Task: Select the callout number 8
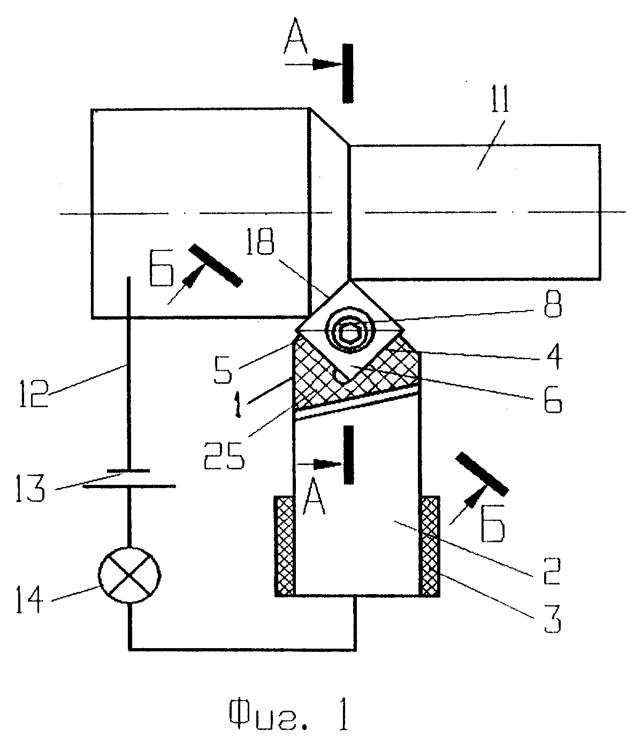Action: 553,304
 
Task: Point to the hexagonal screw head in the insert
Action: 350,333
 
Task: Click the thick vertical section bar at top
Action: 348,73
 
